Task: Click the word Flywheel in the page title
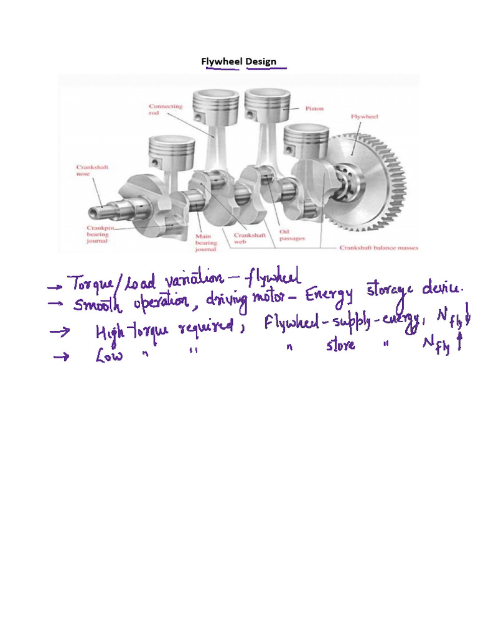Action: [x=222, y=62]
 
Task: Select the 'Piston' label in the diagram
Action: [x=314, y=108]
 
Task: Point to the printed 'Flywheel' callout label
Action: [x=365, y=116]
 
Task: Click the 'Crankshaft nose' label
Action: [x=92, y=170]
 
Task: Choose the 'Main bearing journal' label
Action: [x=206, y=243]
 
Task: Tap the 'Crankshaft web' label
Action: [x=250, y=239]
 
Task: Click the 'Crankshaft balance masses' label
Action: [x=378, y=248]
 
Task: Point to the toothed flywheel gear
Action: [x=367, y=180]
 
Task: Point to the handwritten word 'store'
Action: [x=340, y=345]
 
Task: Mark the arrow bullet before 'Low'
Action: [x=60, y=358]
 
